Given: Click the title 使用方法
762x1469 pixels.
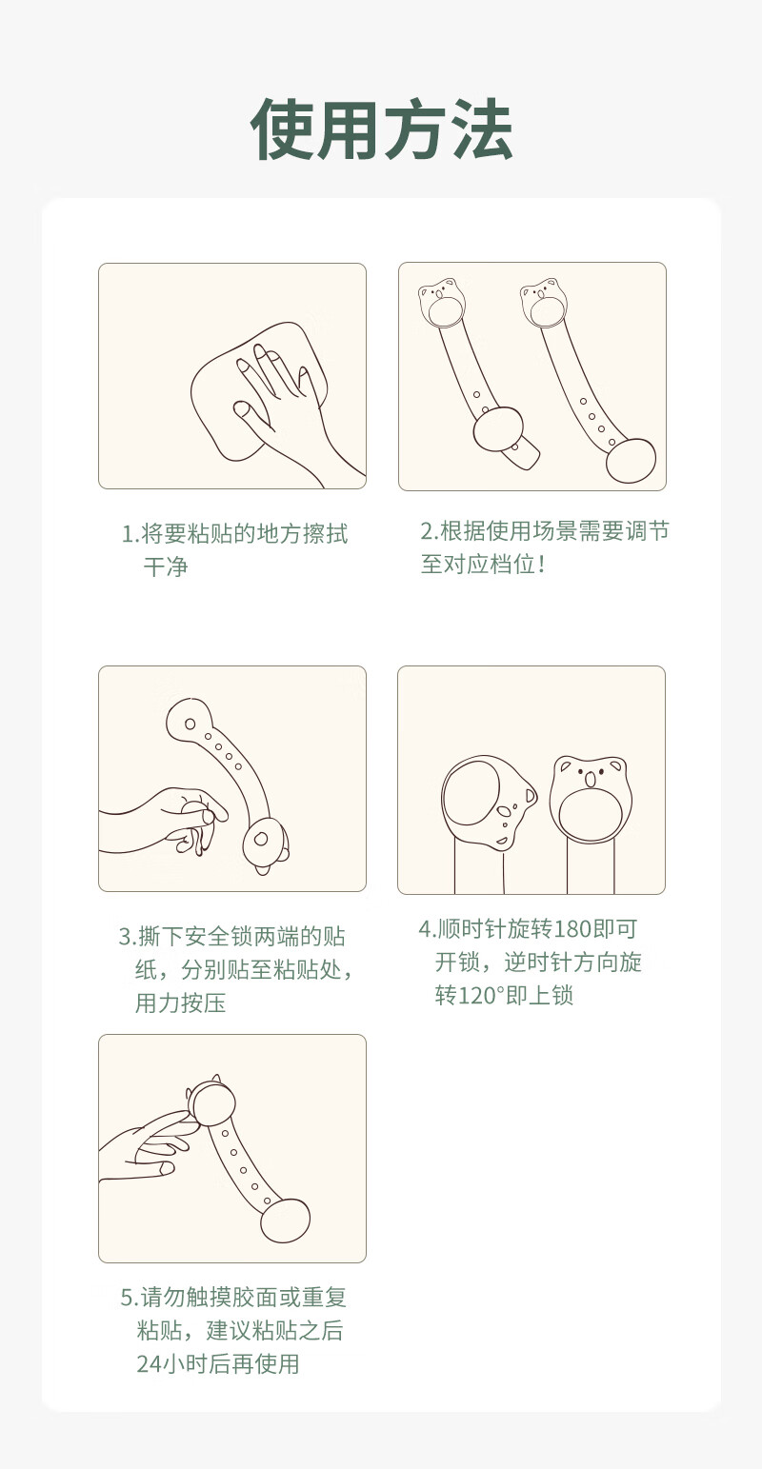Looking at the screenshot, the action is (x=381, y=129).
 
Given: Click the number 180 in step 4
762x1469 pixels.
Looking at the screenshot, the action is (x=571, y=928).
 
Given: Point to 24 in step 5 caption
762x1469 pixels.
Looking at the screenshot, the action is (x=149, y=1364).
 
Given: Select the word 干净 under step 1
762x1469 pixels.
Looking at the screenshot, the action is (x=166, y=566).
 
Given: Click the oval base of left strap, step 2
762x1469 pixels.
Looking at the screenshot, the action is (x=498, y=430).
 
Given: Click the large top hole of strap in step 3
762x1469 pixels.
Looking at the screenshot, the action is (x=190, y=724).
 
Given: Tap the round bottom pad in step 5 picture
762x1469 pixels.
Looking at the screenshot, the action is (x=285, y=1221).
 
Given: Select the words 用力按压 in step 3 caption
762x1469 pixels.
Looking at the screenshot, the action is (x=180, y=1002).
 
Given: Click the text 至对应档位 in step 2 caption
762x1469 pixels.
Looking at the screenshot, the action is (x=478, y=564).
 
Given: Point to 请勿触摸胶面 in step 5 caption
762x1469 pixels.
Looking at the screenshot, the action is (x=210, y=1298).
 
